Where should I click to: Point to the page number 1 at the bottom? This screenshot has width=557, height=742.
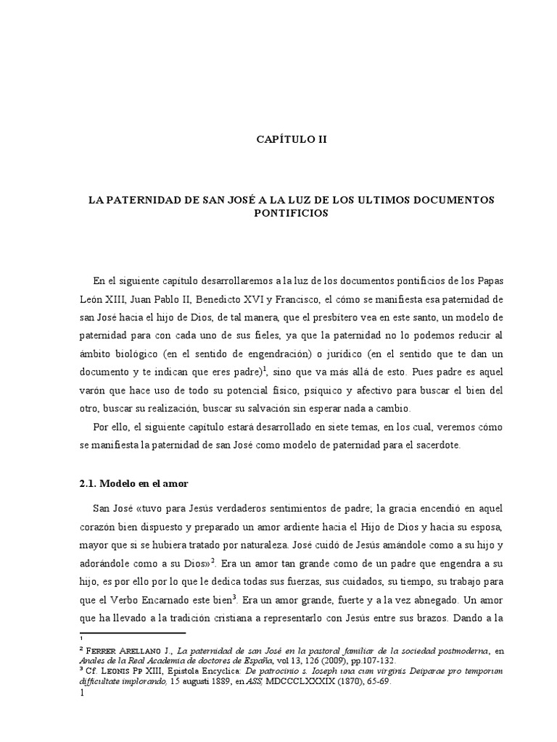pyautogui.click(x=82, y=693)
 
